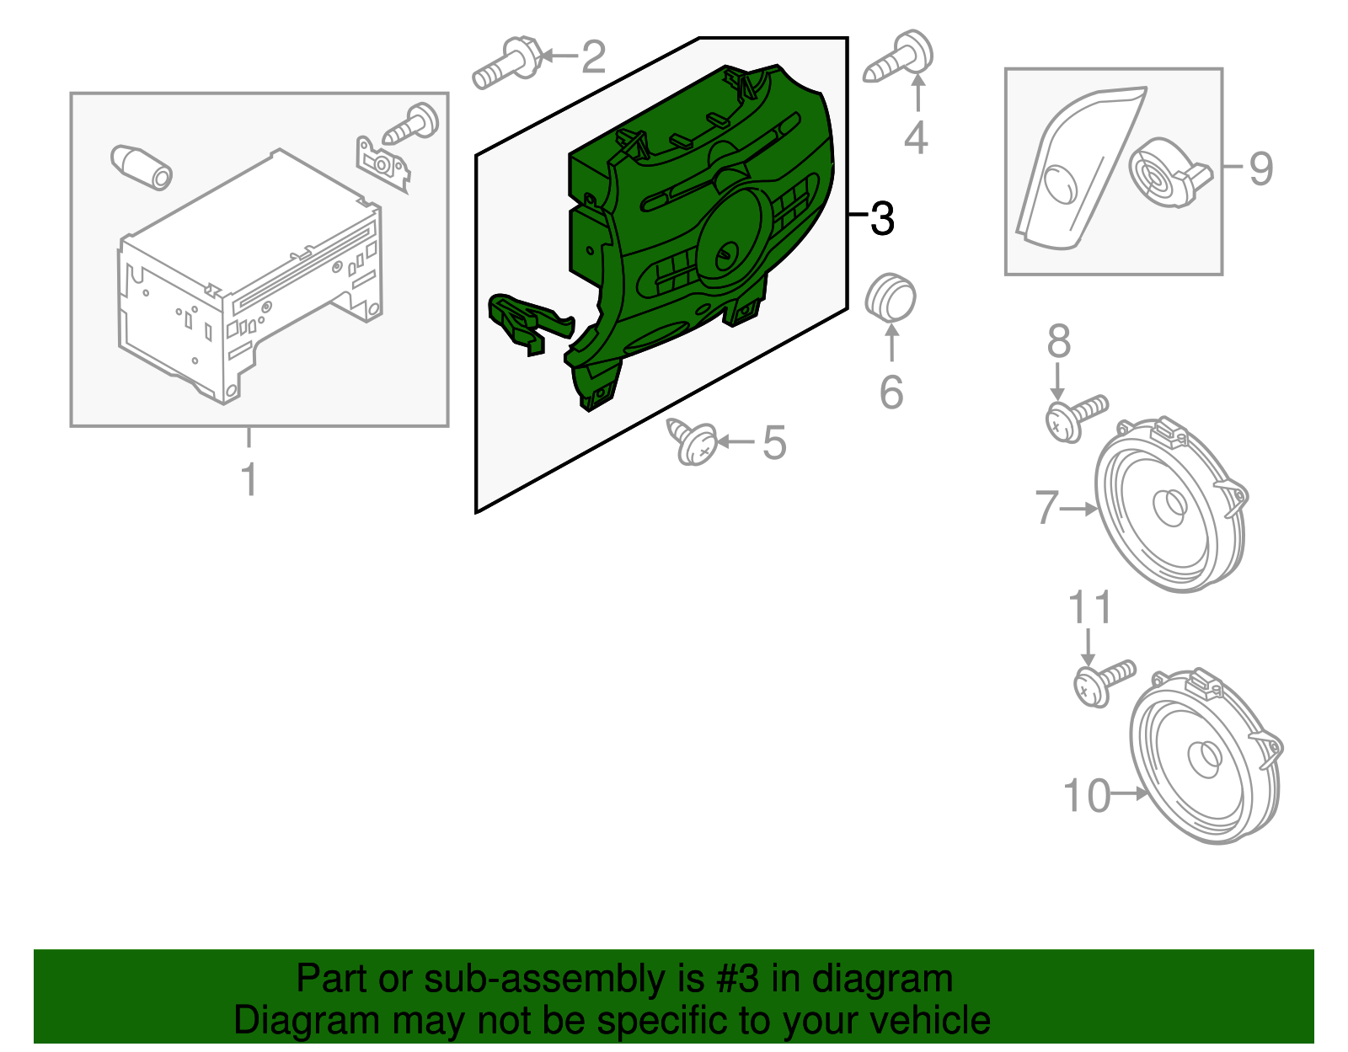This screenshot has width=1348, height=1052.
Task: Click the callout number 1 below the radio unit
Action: [249, 479]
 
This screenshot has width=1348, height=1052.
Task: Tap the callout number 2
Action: [594, 57]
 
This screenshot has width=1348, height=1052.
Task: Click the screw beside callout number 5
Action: [694, 441]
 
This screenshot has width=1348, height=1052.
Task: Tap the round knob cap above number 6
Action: [891, 297]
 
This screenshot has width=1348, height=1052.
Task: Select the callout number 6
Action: [891, 392]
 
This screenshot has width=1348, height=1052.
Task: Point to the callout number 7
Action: [1046, 507]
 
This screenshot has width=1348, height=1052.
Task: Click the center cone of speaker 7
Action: [1171, 509]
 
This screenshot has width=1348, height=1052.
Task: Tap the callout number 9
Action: [1260, 168]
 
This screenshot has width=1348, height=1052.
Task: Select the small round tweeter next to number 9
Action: [1163, 174]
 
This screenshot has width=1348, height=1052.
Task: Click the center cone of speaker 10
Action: [1205, 757]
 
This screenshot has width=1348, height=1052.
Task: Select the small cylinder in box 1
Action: [141, 166]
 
